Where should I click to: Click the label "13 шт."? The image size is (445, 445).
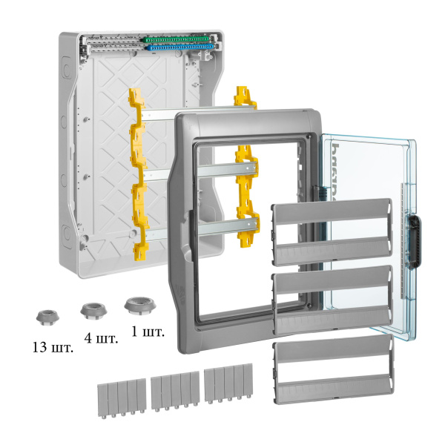[53, 347]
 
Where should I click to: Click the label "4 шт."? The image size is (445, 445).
[101, 340]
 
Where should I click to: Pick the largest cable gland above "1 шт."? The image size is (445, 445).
[136, 304]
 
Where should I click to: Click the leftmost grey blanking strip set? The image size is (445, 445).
[121, 393]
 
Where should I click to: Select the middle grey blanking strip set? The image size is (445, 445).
[175, 391]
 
